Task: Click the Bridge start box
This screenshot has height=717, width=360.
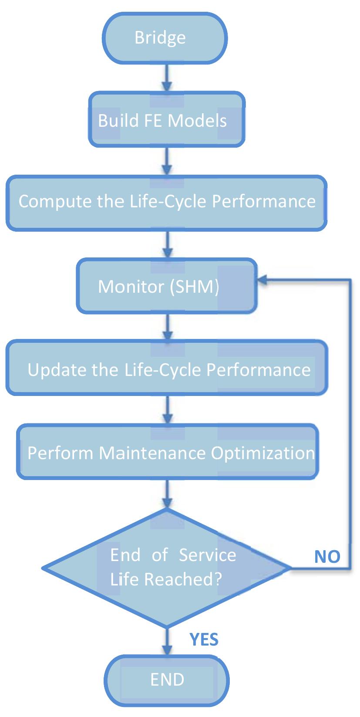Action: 165,38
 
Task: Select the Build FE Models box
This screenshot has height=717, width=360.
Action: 166,120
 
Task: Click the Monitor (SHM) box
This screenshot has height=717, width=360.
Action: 167,286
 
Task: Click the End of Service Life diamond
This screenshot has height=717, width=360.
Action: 167,567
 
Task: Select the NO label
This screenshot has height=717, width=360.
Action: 327,556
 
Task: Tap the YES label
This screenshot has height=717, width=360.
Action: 204,639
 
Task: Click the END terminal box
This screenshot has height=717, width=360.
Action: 167,680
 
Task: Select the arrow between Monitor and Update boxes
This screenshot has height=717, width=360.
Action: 167,327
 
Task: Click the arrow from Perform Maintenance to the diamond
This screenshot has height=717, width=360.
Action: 167,494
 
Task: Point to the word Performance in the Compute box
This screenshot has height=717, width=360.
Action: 263,201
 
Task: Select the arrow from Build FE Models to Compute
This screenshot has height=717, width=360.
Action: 167,162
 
